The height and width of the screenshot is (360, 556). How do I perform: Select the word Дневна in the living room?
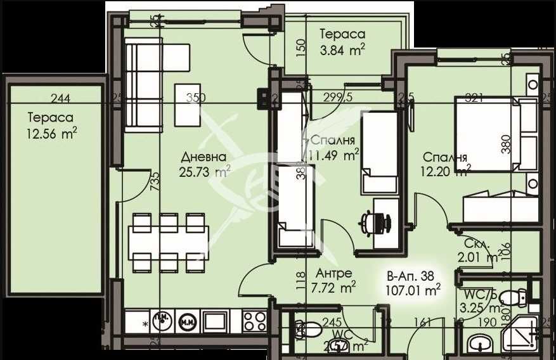pyautogui.click(x=203, y=157)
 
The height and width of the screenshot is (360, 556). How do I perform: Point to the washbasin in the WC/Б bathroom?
pyautogui.click(x=478, y=344)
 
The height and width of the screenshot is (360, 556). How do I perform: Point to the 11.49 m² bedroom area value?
pyautogui.click(x=333, y=154)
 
